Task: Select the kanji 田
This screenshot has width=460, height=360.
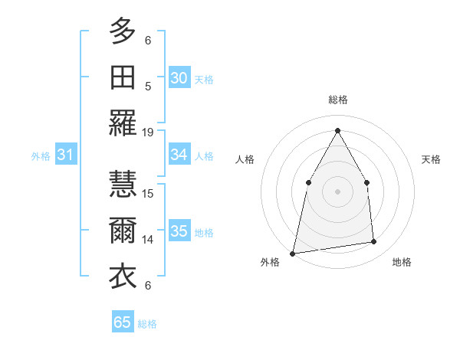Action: click(x=123, y=77)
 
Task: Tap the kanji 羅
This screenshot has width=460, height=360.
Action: click(x=123, y=124)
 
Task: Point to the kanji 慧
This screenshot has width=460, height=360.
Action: click(x=123, y=183)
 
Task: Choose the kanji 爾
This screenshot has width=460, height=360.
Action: click(x=123, y=230)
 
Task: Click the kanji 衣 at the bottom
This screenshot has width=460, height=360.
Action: click(x=123, y=277)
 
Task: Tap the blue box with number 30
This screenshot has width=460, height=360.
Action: click(x=179, y=77)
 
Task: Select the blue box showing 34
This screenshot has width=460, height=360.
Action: click(x=179, y=155)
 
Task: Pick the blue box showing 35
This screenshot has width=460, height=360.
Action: click(x=179, y=231)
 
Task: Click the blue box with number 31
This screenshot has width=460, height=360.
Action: click(x=65, y=155)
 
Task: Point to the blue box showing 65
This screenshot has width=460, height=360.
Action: click(x=123, y=322)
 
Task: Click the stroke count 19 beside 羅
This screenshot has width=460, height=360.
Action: click(x=148, y=133)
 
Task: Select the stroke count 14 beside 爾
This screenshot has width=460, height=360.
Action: click(x=148, y=239)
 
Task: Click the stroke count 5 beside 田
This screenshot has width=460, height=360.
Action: click(x=148, y=86)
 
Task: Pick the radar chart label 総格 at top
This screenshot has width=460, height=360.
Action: click(x=337, y=100)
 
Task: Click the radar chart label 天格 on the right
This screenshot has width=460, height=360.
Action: click(x=431, y=159)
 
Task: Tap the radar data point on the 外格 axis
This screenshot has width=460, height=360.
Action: click(x=293, y=253)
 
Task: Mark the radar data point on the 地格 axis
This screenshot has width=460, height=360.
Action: click(x=374, y=242)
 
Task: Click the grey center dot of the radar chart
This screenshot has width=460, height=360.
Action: click(x=337, y=191)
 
